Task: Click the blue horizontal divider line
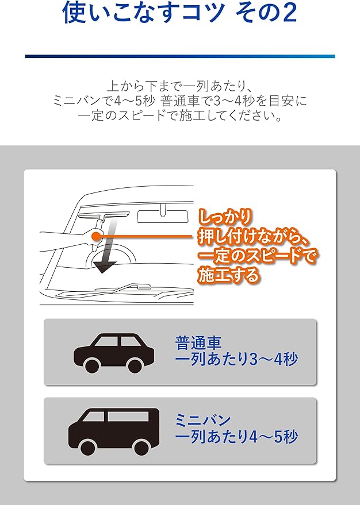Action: click(x=179, y=56)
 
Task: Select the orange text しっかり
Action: click(x=225, y=217)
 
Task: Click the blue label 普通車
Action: click(x=198, y=343)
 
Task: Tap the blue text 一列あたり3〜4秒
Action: click(x=236, y=361)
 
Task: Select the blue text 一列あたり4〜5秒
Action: click(x=236, y=438)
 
